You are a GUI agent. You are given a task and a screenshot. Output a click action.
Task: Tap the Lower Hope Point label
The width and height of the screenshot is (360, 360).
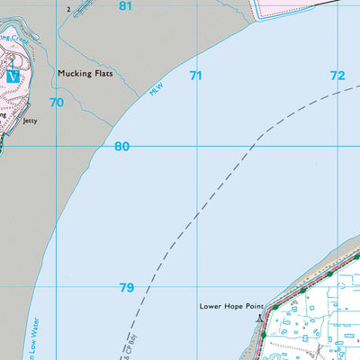click(x=233, y=306)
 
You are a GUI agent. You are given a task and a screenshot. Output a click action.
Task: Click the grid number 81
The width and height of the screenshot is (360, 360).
click(x=125, y=6)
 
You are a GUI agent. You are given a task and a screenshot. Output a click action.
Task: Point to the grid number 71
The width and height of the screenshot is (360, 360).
click(x=195, y=76)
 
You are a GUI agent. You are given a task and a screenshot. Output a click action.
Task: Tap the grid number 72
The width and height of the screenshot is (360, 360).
click(x=337, y=76)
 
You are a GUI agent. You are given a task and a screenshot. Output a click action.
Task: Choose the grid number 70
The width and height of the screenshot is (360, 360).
click(x=57, y=103)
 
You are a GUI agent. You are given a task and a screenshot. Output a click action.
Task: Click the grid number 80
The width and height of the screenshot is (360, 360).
click(x=122, y=147)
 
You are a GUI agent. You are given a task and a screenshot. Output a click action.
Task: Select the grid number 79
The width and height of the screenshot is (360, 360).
click(x=127, y=288)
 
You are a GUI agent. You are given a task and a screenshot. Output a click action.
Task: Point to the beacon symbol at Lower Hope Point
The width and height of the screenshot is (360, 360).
click(x=261, y=317)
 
